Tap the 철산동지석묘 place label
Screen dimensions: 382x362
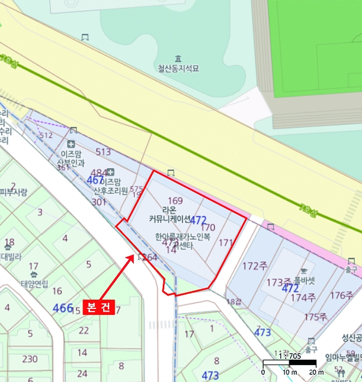click(178, 69)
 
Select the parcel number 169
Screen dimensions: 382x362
click(175, 201)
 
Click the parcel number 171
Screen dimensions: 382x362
click(225, 242)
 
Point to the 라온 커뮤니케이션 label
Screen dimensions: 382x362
click(169, 214)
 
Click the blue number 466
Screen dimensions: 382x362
click(63, 308)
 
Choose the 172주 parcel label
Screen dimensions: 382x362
click(254, 266)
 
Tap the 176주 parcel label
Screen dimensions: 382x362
click(341, 295)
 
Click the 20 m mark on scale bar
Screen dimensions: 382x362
click(316, 372)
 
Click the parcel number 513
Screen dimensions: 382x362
click(103, 152)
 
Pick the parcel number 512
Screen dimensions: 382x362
click(46, 135)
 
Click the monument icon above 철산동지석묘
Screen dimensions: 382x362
click(178, 58)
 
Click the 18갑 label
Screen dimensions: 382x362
click(233, 302)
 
